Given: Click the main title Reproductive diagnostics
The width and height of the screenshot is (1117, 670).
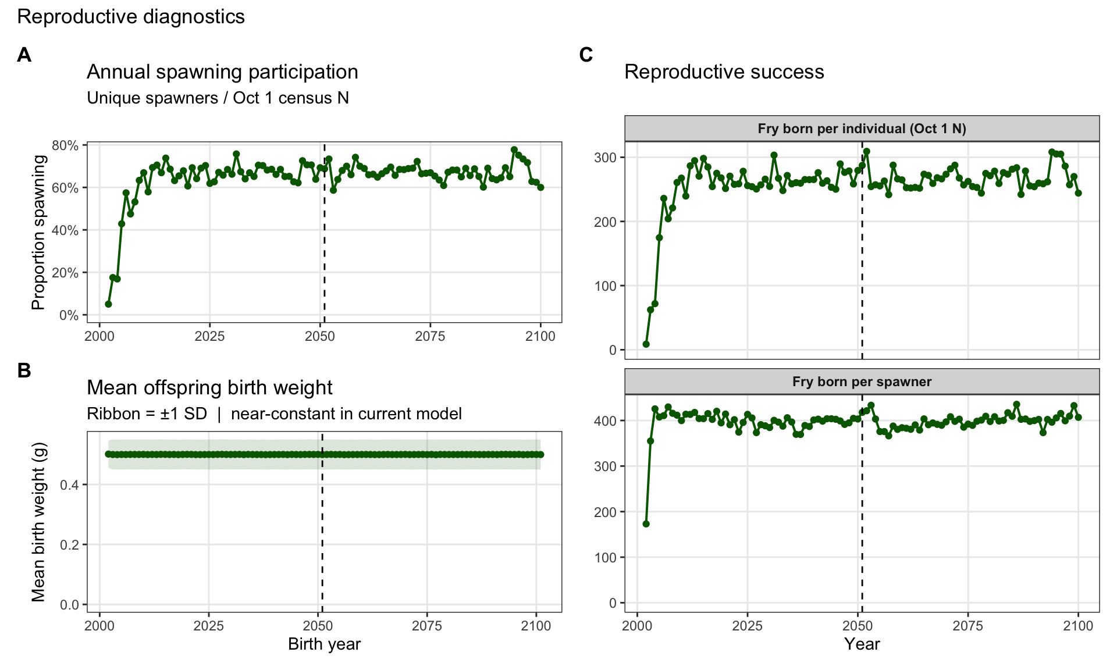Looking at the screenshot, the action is [131, 17].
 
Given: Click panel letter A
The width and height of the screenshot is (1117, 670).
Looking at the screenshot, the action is [24, 55].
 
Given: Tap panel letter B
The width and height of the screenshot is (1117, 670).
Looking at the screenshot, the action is [24, 370].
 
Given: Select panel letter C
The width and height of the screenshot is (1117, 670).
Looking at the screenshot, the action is [586, 55].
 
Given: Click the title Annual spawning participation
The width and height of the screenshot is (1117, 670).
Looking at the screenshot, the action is [222, 72].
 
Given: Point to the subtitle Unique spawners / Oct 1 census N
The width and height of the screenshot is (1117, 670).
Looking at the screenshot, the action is [218, 98].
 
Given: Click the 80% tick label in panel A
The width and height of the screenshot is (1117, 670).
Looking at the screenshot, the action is [65, 145].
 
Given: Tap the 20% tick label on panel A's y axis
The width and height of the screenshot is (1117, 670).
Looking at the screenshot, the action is [65, 273].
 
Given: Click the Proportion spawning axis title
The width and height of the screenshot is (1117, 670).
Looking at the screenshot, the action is [38, 232].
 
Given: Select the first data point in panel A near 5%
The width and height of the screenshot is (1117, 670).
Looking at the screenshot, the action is [108, 304].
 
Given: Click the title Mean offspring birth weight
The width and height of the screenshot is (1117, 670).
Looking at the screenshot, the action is [209, 387].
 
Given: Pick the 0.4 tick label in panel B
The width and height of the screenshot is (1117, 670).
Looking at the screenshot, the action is [69, 485].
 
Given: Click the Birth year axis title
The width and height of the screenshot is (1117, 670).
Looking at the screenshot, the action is [324, 644].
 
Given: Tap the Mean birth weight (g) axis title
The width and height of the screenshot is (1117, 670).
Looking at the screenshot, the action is [38, 522].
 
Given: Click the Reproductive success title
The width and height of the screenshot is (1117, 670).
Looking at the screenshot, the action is [724, 72].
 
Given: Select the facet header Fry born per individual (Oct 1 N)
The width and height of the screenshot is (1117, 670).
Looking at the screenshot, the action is [862, 129].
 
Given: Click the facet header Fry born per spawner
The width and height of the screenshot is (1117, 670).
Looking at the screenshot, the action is [862, 382].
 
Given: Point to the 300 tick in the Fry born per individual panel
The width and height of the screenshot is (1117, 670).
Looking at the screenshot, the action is [606, 158].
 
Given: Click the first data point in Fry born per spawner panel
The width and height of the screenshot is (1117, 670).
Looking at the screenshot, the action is [646, 524].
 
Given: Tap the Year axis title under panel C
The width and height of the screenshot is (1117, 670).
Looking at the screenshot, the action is [862, 644].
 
